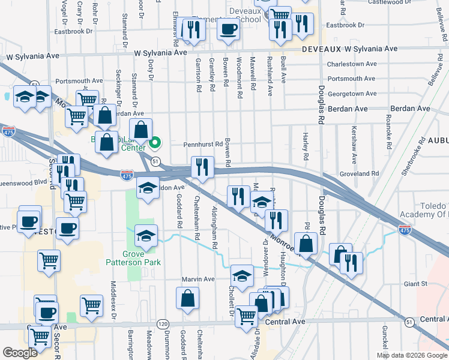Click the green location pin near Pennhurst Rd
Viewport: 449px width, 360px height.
click(x=155, y=143)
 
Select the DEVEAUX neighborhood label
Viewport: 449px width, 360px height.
click(x=325, y=49)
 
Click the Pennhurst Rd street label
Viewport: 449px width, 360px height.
click(x=203, y=144)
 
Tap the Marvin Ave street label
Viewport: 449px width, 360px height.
click(x=199, y=279)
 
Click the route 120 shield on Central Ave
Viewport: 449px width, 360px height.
click(x=163, y=323)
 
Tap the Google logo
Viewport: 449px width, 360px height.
click(x=21, y=353)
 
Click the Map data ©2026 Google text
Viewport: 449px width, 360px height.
click(x=412, y=355)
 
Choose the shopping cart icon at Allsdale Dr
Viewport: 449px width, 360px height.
click(x=247, y=315)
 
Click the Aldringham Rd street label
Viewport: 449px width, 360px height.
click(x=214, y=227)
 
